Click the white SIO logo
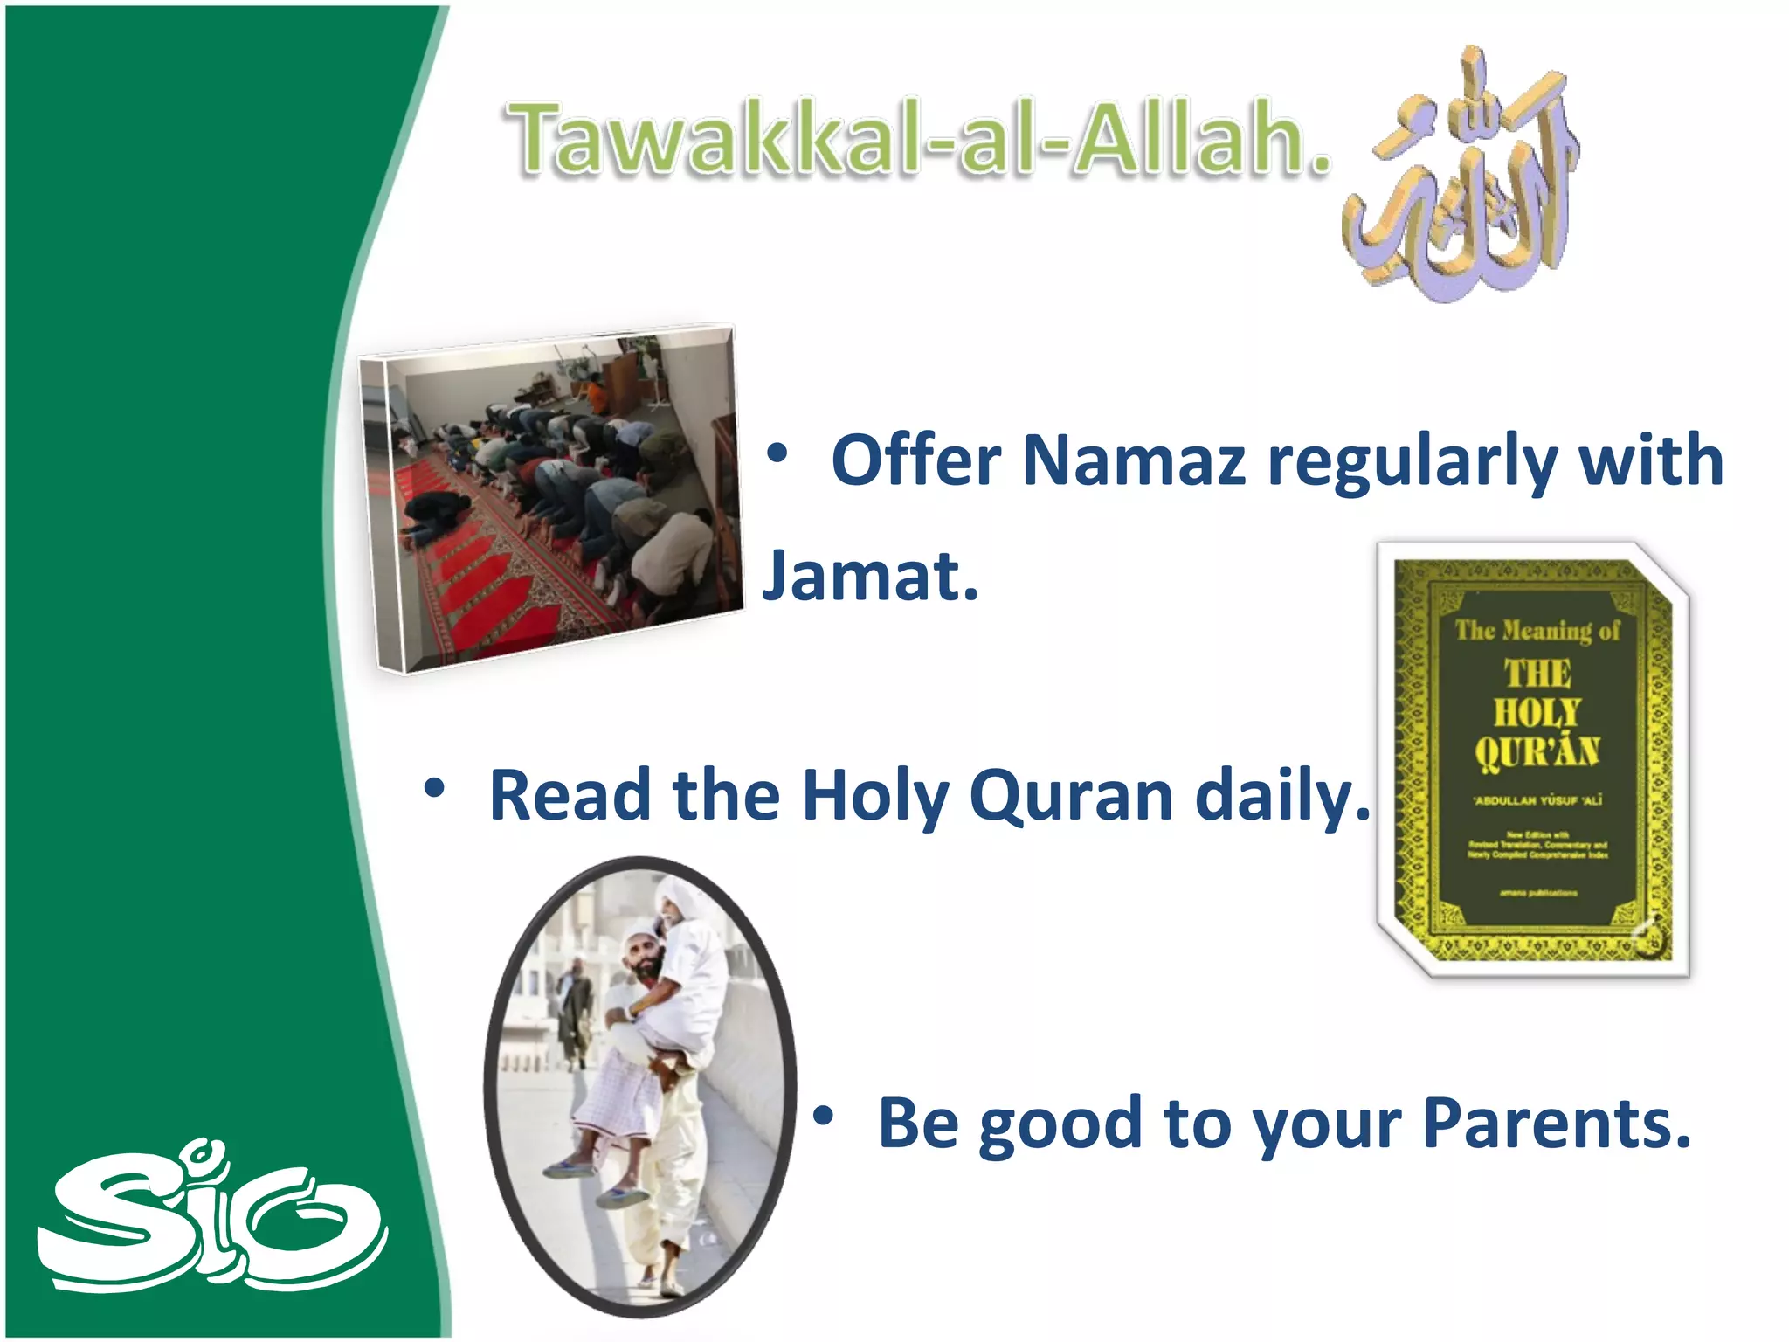[210, 1219]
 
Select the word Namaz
[1133, 460]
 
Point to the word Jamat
[869, 577]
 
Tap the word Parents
[1557, 1124]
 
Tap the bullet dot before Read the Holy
[434, 789]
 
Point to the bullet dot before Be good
[823, 1117]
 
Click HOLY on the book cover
[1537, 712]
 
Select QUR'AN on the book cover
[1537, 751]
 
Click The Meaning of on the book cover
[1537, 630]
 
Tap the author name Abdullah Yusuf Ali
[1537, 800]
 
